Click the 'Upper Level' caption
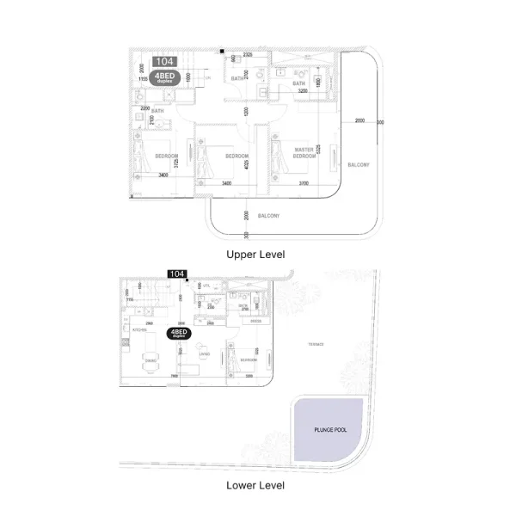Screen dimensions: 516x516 coord(255,255)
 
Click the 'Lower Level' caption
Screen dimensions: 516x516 coord(255,485)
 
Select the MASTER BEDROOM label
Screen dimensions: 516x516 coord(304,152)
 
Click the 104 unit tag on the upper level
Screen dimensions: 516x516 coord(163,62)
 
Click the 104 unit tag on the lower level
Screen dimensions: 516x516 coord(176,273)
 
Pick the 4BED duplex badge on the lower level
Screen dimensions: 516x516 coord(179,334)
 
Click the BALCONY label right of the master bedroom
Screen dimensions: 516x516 coord(359,164)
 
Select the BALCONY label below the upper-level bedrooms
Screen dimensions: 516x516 coord(268,215)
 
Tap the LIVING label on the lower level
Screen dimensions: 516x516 coord(204,353)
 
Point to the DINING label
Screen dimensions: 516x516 coord(149,360)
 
